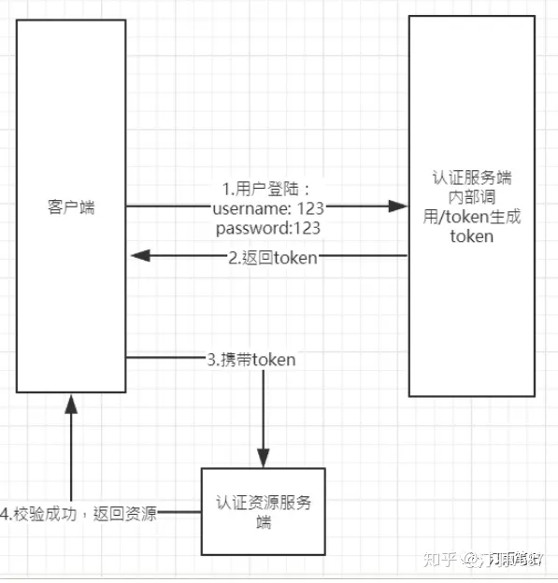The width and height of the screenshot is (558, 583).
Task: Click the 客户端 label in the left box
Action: [71, 206]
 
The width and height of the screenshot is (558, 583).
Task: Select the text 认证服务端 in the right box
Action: [471, 177]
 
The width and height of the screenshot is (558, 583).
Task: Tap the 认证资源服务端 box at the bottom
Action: [264, 512]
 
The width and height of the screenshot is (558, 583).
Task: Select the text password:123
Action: [268, 227]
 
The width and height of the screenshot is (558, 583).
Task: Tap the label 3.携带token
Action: [251, 358]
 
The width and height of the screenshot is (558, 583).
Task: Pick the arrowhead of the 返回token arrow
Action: [136, 255]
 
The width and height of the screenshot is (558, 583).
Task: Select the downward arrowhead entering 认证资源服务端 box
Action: [263, 461]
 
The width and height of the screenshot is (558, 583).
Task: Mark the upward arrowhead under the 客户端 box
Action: [69, 401]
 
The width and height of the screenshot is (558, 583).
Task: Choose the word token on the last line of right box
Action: [471, 236]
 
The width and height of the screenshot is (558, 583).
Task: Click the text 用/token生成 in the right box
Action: [471, 217]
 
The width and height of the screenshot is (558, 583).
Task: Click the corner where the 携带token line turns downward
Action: [263, 358]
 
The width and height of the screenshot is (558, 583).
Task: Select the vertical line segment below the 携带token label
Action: [263, 411]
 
